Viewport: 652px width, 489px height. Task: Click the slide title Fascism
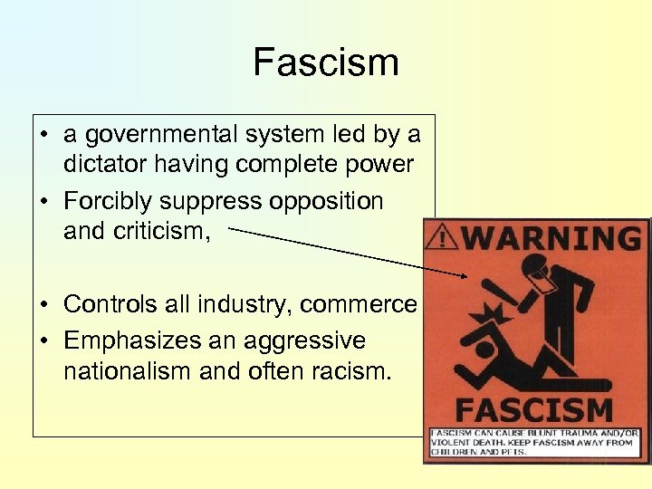(x=326, y=62)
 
